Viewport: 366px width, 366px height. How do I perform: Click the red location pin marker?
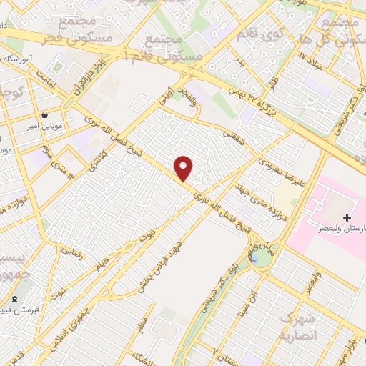point(184,168)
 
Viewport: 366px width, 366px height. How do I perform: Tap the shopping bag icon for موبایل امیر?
point(45,114)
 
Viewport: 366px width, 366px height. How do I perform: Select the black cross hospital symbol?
point(347,217)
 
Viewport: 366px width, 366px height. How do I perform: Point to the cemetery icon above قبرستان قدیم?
point(14,298)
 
